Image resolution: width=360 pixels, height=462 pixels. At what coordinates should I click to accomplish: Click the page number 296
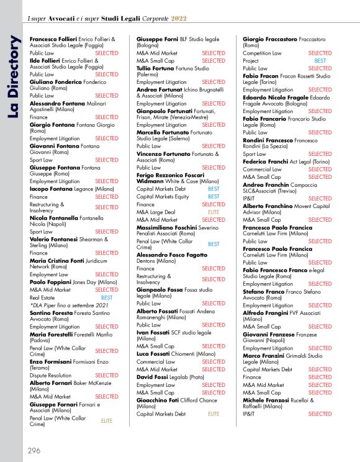[34, 450]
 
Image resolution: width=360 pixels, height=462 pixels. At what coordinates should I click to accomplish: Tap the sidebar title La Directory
[14, 69]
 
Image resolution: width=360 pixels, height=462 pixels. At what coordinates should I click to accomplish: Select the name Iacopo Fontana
[50, 189]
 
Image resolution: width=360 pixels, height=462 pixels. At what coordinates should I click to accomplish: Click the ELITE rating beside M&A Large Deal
[213, 212]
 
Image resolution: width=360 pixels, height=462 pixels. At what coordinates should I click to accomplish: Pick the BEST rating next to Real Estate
[107, 298]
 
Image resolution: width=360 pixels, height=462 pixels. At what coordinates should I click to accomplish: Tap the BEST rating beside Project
[320, 61]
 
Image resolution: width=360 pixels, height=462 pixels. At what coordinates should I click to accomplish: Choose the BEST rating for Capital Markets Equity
[213, 196]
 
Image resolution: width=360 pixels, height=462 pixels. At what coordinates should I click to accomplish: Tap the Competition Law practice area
[262, 53]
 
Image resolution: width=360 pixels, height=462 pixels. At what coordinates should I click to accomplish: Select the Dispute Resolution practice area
[50, 375]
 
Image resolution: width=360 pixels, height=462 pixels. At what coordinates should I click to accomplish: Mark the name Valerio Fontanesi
[55, 239]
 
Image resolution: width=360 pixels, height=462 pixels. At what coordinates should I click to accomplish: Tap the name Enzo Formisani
[53, 361]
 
